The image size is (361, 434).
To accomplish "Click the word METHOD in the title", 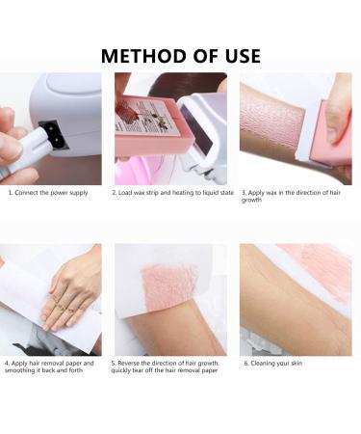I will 146,54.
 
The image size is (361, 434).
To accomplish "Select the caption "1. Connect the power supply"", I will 48,193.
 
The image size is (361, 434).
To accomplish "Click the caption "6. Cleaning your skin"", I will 273,364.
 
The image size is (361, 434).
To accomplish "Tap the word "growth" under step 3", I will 253,200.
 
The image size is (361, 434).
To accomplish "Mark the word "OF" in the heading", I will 196,54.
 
